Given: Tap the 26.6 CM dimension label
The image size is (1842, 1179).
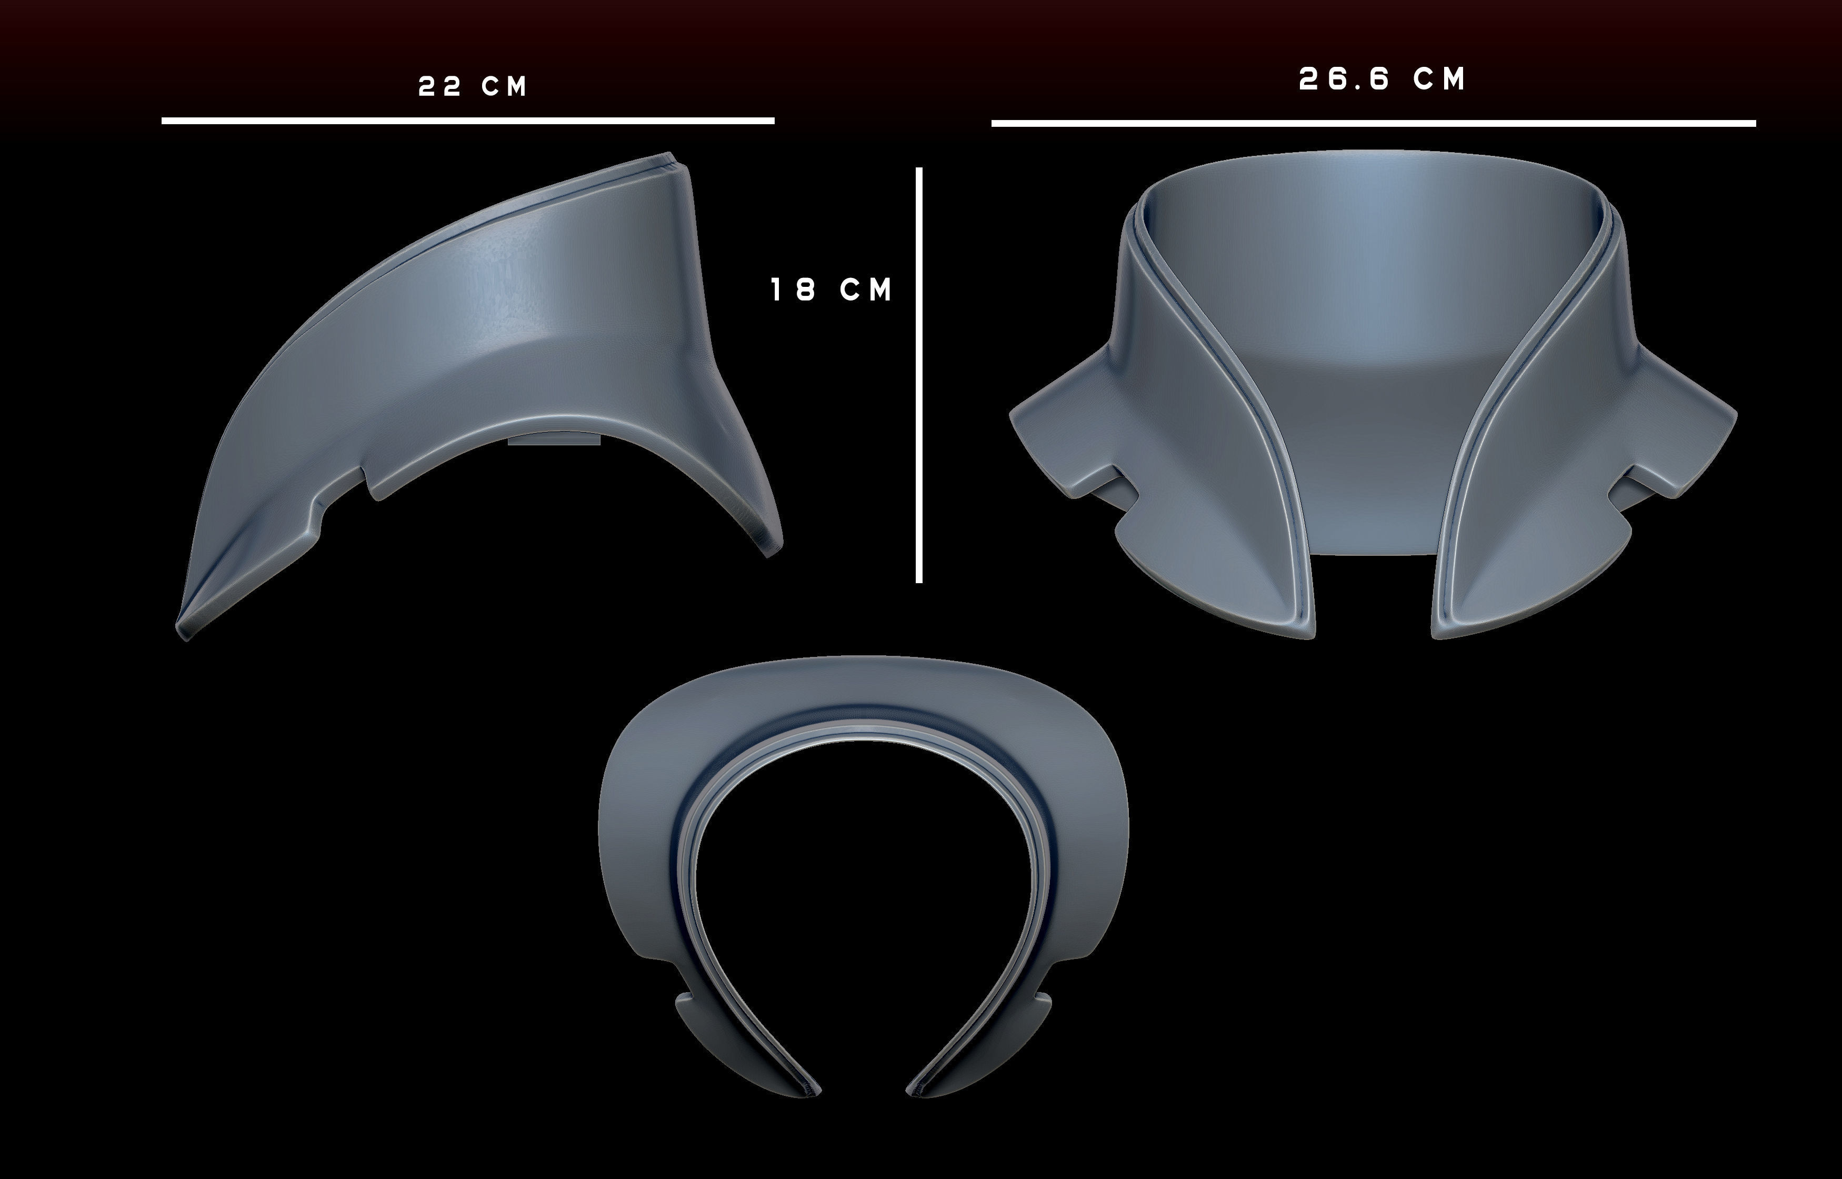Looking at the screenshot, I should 1381,79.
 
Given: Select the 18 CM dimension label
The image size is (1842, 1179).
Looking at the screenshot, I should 831,290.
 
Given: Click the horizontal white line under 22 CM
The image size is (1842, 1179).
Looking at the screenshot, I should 467,120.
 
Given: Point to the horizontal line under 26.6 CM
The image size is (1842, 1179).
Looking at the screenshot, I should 1373,123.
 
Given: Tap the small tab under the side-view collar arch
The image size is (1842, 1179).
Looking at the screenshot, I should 554,439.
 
